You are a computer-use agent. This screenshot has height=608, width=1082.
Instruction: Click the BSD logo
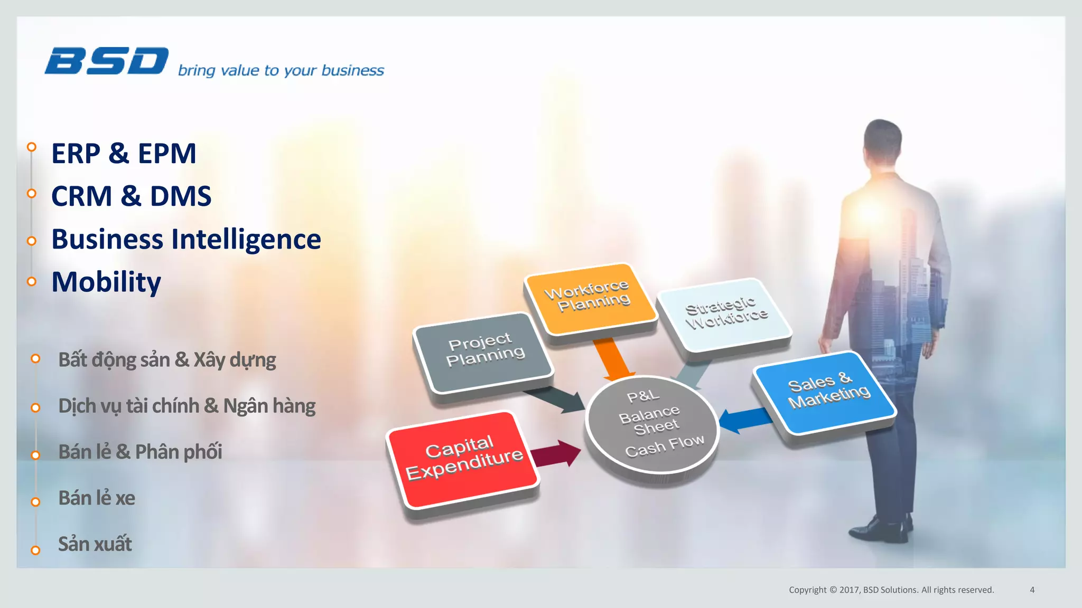[107, 61]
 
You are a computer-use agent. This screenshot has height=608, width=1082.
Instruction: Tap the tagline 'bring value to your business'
[281, 70]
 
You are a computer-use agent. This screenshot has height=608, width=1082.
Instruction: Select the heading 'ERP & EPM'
[124, 154]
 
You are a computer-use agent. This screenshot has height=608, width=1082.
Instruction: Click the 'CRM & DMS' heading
[131, 196]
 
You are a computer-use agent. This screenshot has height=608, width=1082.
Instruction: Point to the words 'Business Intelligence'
[186, 239]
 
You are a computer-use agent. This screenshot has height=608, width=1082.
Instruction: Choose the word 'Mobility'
[106, 282]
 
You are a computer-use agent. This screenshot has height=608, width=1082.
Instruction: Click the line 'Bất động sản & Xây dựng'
[167, 360]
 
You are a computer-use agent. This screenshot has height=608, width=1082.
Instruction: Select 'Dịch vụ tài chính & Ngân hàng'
[186, 406]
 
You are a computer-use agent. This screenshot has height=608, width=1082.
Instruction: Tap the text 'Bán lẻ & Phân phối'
[140, 452]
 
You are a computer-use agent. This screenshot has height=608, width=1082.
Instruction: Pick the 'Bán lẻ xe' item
[97, 498]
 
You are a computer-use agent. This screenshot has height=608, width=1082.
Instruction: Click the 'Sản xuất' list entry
[95, 544]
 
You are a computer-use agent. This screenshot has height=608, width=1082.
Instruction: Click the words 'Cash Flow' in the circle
[664, 445]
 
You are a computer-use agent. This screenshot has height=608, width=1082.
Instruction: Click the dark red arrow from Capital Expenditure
[555, 453]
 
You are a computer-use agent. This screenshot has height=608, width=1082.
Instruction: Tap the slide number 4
[1032, 590]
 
